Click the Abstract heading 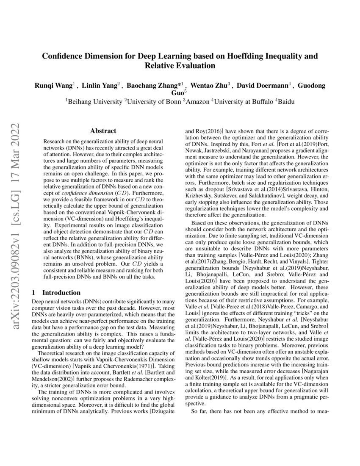103,131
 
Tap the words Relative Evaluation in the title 180,66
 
